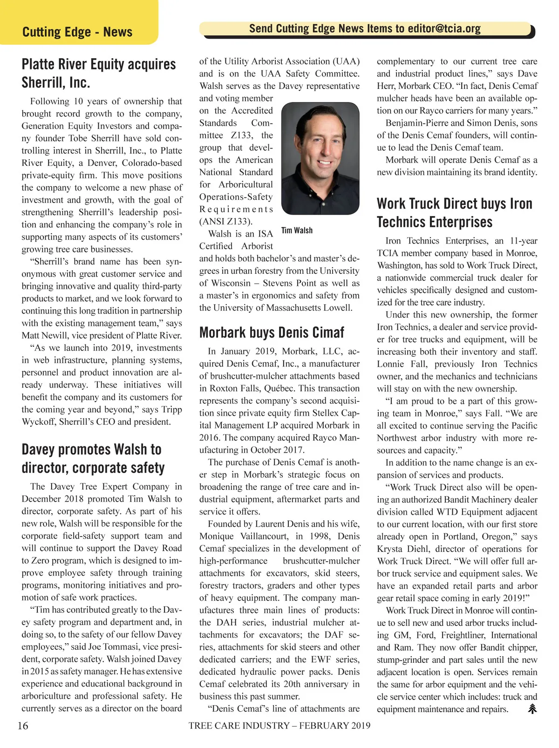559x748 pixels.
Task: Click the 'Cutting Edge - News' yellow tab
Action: (x=77, y=32)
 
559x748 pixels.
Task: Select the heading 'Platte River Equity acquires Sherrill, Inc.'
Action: (x=99, y=73)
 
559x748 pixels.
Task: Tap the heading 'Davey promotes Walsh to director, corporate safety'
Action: (x=93, y=458)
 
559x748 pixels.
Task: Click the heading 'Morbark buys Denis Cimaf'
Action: (x=272, y=333)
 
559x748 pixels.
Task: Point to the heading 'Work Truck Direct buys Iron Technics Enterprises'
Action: (x=454, y=212)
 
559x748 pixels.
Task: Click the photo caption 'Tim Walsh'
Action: (x=297, y=230)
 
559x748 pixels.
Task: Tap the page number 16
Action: (x=23, y=726)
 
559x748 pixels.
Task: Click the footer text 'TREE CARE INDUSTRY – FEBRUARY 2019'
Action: (x=279, y=726)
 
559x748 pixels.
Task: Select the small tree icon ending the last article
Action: (x=532, y=709)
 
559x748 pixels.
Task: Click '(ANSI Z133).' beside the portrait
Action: (x=226, y=221)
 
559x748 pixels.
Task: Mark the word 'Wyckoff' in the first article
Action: (x=40, y=422)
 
